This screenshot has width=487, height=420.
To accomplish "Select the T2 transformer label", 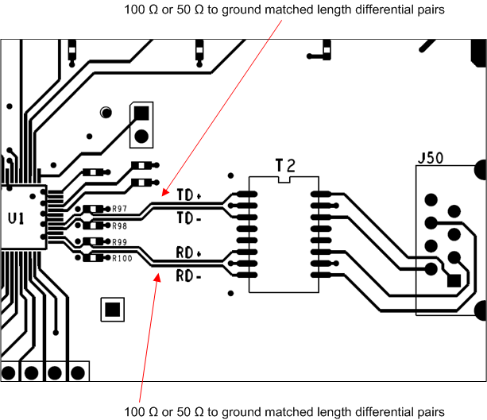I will [x=285, y=166].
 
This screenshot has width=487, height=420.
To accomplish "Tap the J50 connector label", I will [x=430, y=158].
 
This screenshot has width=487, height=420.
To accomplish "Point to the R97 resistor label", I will [x=120, y=209].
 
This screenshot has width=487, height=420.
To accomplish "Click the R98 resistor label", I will [x=120, y=226].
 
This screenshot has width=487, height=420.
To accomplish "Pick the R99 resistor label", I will [x=120, y=241].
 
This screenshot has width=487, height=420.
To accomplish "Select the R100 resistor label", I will [x=122, y=258].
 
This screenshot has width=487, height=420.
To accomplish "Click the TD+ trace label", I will [x=189, y=195].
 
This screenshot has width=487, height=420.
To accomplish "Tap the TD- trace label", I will [x=188, y=217].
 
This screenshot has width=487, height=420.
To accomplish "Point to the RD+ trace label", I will [x=189, y=255].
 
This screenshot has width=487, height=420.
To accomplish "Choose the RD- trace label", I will [x=188, y=277].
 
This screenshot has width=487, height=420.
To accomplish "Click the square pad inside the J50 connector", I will [x=454, y=280].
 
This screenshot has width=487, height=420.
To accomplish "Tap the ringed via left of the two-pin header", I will [x=105, y=113].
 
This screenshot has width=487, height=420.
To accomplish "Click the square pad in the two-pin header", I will [x=141, y=114].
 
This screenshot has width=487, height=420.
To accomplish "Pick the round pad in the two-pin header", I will [x=141, y=136].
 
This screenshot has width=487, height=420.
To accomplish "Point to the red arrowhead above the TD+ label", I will [x=164, y=191].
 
